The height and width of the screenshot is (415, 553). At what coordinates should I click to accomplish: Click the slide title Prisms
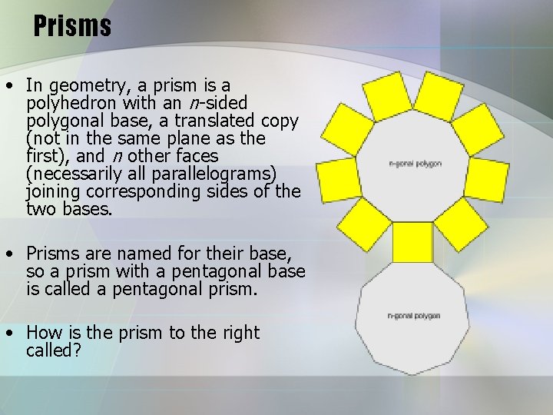point(72,27)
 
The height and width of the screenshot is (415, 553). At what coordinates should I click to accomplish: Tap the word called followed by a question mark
point(50,351)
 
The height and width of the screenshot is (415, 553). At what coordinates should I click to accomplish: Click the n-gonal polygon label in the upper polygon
point(416,164)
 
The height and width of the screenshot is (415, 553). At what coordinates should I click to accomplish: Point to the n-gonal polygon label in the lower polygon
point(413,316)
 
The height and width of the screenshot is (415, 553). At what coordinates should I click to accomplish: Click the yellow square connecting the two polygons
point(412,242)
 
